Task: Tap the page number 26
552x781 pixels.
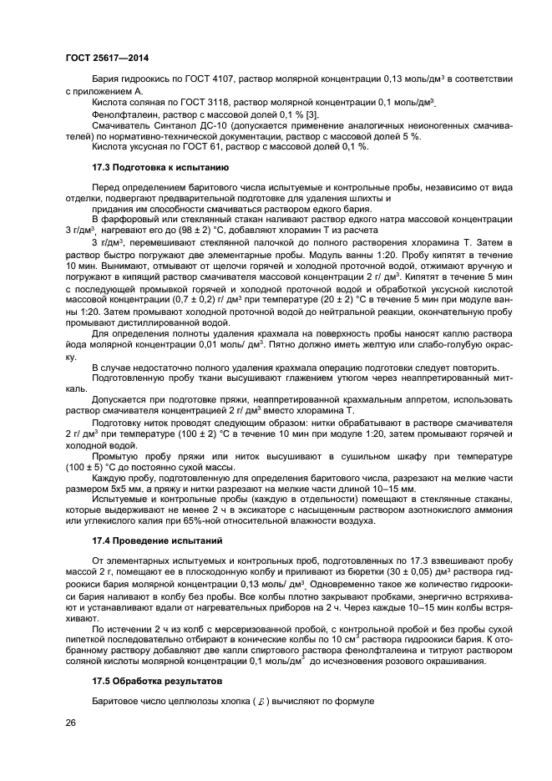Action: tap(71, 722)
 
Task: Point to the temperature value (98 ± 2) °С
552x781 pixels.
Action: tap(189, 229)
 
